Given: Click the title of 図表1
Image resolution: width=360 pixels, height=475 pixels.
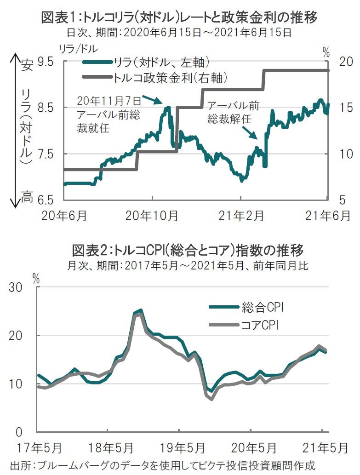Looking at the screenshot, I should coord(179,18).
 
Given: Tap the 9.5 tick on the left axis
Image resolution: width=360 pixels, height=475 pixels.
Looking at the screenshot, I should coord(45,62).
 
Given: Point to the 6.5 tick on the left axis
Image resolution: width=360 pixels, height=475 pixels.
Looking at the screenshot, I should coord(45,200).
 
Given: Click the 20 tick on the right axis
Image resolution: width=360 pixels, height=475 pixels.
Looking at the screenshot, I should coord(345,62).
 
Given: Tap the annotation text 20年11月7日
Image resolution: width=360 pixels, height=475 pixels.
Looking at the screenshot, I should coord(107,100).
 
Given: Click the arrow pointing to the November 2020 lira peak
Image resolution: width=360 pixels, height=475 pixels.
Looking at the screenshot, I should coord(152,99).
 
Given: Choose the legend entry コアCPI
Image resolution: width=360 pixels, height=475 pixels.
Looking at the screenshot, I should coord(260,326).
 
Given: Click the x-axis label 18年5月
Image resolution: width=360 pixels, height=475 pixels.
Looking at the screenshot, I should coord(107,447).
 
